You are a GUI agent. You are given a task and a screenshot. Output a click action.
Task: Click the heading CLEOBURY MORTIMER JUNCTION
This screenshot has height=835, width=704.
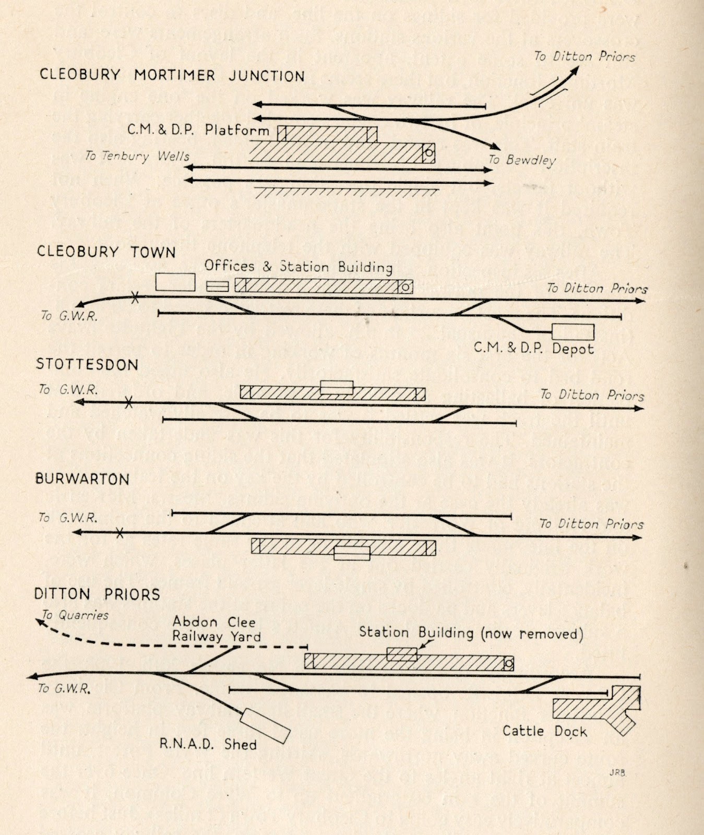(x=172, y=75)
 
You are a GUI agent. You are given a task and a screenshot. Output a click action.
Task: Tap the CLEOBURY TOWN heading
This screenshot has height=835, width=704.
(x=106, y=252)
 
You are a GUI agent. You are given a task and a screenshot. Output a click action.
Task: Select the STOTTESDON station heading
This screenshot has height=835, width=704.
(x=87, y=364)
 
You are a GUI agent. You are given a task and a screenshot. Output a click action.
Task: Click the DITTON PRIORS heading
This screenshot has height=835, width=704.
(x=97, y=594)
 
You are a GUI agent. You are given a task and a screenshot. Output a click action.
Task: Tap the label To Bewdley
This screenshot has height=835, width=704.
(x=522, y=160)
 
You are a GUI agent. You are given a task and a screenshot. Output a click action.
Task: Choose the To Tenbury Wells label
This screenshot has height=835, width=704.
(x=137, y=156)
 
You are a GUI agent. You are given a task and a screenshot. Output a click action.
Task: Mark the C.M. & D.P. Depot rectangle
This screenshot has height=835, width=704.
(x=572, y=332)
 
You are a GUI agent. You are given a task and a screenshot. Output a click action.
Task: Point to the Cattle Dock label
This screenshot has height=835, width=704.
(x=544, y=731)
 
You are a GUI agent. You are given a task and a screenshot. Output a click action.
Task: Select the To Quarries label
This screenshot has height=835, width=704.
(x=75, y=615)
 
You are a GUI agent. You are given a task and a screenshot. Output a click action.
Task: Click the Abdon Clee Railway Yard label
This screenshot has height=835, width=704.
(x=216, y=629)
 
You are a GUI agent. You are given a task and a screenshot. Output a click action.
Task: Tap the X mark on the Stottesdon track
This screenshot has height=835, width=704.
(x=128, y=402)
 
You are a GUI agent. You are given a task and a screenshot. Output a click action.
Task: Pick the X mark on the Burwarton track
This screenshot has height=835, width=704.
(x=120, y=533)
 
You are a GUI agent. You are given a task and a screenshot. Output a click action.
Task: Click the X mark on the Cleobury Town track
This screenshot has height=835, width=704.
(x=135, y=298)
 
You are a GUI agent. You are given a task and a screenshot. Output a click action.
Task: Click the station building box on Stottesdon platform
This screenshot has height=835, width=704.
(x=337, y=387)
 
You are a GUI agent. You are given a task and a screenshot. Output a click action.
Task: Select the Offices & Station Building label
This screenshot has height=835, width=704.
(x=299, y=267)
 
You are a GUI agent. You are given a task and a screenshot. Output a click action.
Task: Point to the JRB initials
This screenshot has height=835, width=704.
(x=616, y=773)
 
